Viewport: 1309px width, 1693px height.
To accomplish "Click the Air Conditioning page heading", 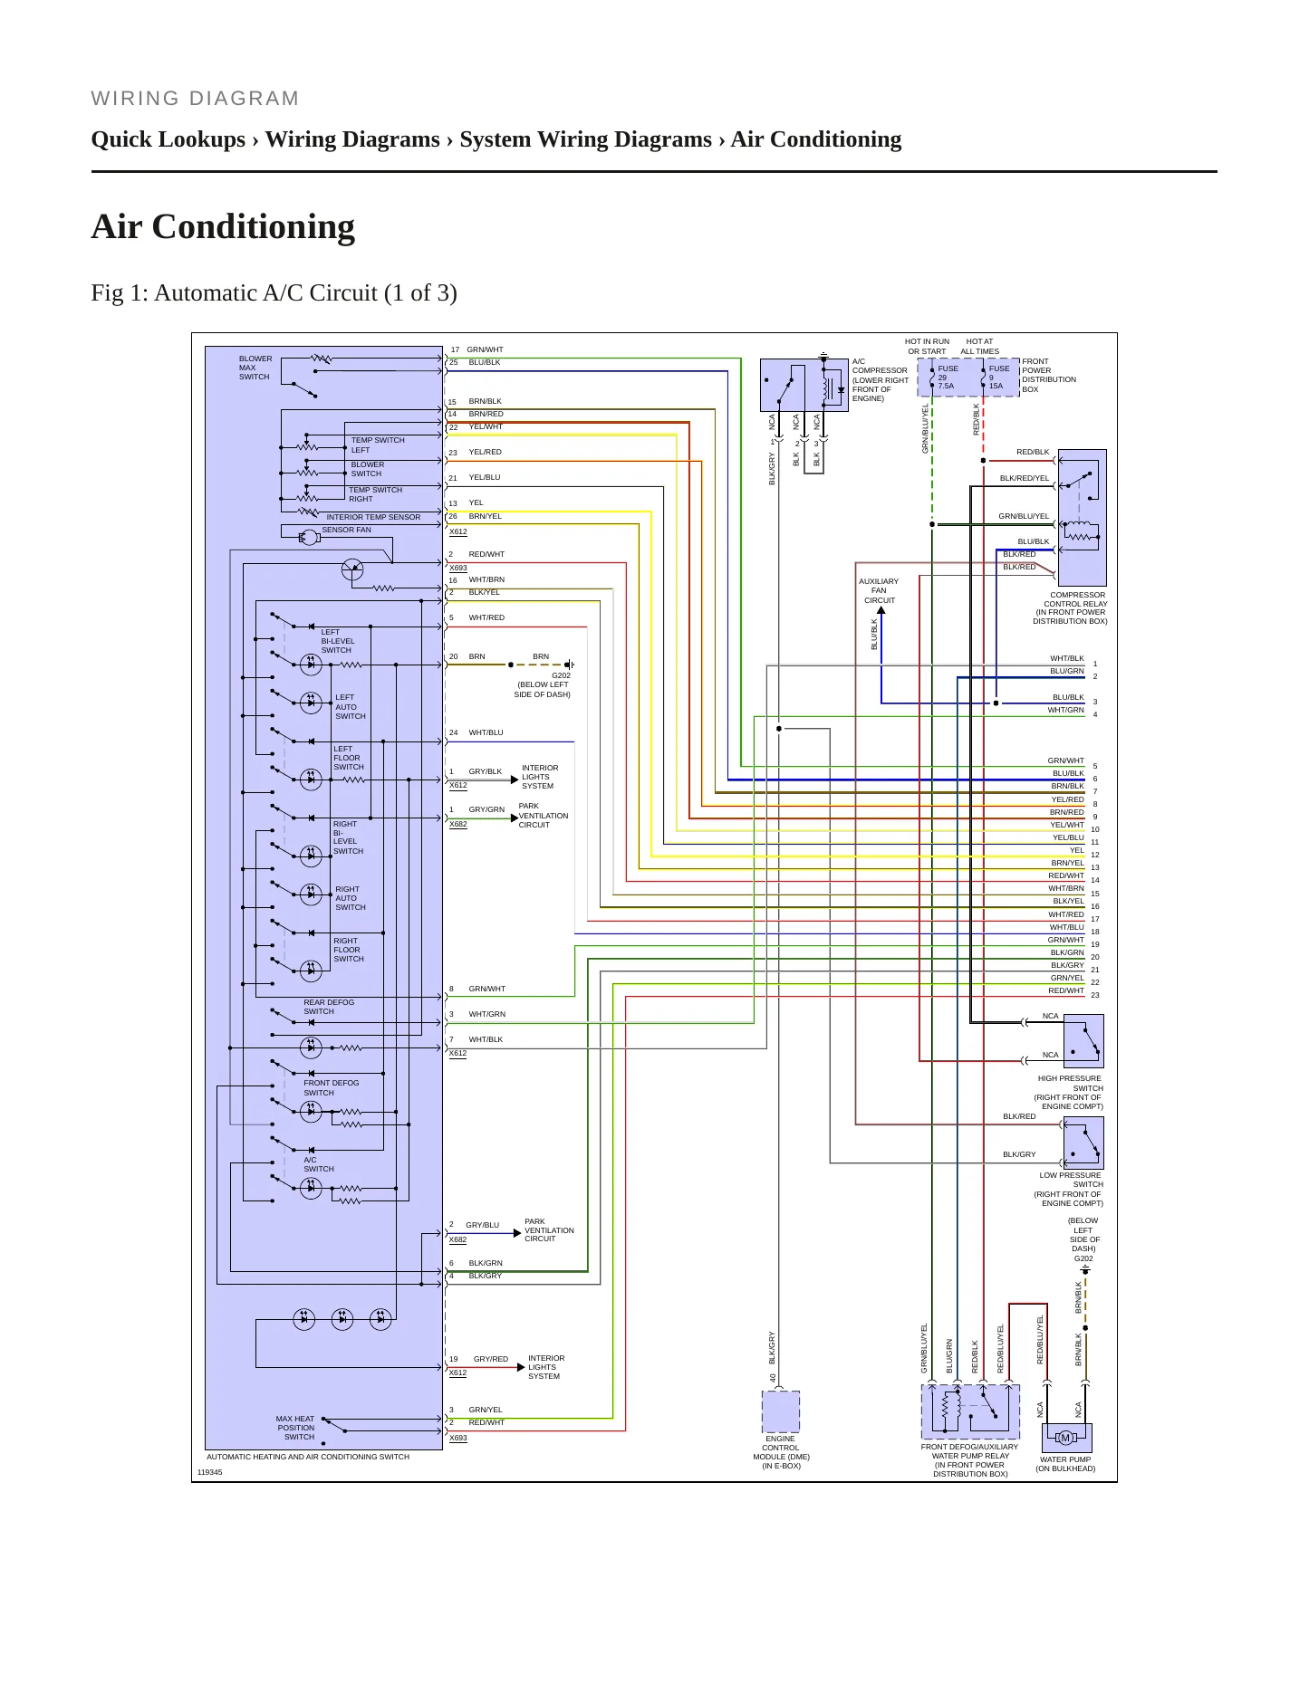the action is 223,226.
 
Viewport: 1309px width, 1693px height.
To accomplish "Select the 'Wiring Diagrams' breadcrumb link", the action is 352,139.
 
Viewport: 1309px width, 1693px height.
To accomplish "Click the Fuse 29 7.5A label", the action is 948,378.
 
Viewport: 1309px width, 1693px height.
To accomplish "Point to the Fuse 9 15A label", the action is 998,378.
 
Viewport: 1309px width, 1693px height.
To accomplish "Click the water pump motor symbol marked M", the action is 1065,1438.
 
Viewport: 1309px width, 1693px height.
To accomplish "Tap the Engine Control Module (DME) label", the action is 781,1452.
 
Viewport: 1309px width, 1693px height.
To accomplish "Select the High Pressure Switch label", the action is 1069,1093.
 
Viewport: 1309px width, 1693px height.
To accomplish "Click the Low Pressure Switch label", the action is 1069,1190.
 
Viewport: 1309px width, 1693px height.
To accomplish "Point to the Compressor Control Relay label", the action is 1071,608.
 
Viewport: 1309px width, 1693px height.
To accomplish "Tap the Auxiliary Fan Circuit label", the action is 879,591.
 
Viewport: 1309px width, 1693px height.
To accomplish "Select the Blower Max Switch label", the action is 255,368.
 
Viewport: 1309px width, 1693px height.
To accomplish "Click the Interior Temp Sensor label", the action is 373,517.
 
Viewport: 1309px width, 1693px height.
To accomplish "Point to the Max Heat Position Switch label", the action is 296,1428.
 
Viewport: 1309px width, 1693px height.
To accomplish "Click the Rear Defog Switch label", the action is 328,1007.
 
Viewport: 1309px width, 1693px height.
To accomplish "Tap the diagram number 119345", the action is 209,1472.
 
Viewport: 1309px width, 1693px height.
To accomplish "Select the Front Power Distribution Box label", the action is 1049,375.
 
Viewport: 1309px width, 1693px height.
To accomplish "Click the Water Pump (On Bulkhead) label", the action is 1065,1464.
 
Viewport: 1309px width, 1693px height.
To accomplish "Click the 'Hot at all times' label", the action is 980,347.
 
